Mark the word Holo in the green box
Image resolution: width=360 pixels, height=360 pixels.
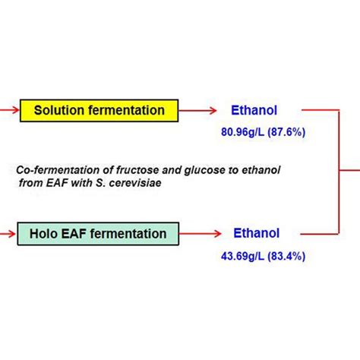coord(41,234)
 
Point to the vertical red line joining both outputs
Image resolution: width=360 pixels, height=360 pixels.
coord(337,172)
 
